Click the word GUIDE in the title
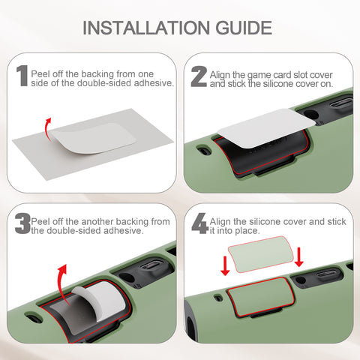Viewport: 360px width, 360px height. (244, 28)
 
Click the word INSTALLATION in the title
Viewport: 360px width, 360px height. (146, 28)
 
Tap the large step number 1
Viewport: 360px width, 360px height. (22, 76)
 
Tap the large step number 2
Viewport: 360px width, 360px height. (199, 76)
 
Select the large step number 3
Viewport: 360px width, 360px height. (22, 223)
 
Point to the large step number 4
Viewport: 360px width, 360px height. (200, 223)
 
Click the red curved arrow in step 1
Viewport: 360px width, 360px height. (47, 129)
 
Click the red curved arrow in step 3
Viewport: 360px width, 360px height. (62, 283)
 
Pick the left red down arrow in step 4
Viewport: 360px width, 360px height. (225, 265)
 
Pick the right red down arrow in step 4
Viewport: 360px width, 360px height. (298, 257)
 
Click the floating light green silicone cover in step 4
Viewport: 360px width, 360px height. (261, 254)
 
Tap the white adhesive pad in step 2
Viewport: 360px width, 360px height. (266, 127)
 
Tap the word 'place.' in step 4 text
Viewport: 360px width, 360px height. (247, 231)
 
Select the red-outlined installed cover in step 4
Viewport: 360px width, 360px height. (261, 297)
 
